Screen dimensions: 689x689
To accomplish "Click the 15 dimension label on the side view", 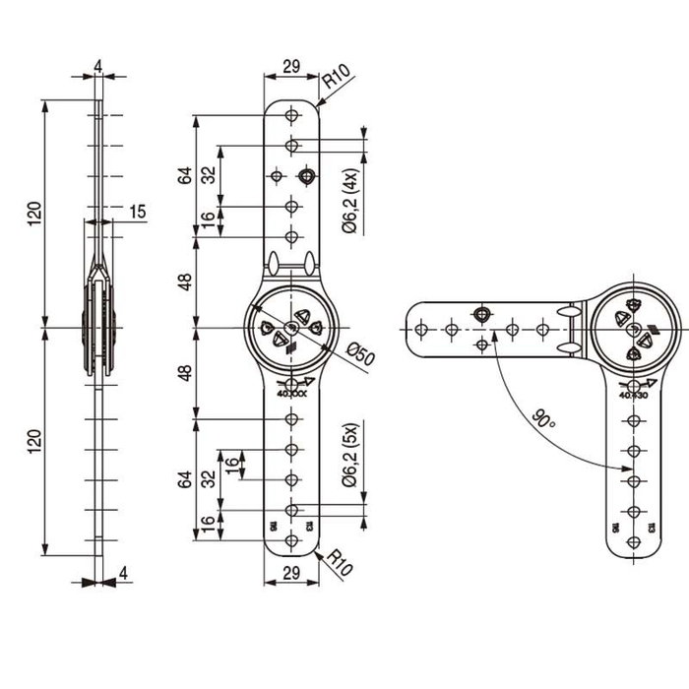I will pos(137,212).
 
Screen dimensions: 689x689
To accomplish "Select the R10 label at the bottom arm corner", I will pos(339,564).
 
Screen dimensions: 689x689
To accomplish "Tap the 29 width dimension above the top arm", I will pos(291,67).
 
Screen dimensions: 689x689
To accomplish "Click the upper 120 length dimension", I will pos(35,212).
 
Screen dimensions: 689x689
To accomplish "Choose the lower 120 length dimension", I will pos(35,438).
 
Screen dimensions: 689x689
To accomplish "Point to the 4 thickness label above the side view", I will pos(97,67).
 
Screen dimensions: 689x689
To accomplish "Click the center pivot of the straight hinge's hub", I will pos(291,326).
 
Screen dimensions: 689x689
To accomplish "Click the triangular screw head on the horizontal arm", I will pos(481,313).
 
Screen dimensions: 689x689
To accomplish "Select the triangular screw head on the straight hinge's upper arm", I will pos(307,176).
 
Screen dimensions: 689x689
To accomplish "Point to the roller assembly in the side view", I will pos(98,325).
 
